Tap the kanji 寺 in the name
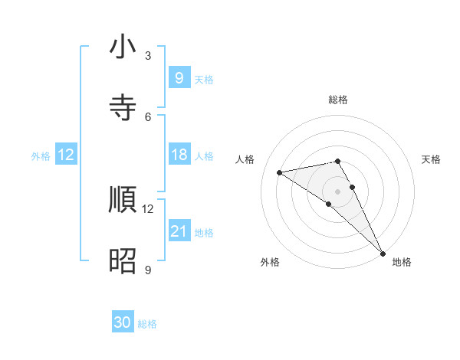[123, 108]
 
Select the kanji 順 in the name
[123, 200]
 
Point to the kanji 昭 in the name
[123, 261]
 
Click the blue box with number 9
[179, 77]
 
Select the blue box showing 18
[179, 155]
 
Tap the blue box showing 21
[179, 231]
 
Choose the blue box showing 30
[123, 323]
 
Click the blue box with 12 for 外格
[66, 155]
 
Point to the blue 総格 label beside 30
[147, 325]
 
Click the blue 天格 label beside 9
[204, 79]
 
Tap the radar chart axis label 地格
[402, 262]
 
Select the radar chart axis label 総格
[338, 100]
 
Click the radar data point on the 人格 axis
[280, 172]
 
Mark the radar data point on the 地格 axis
[383, 253]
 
